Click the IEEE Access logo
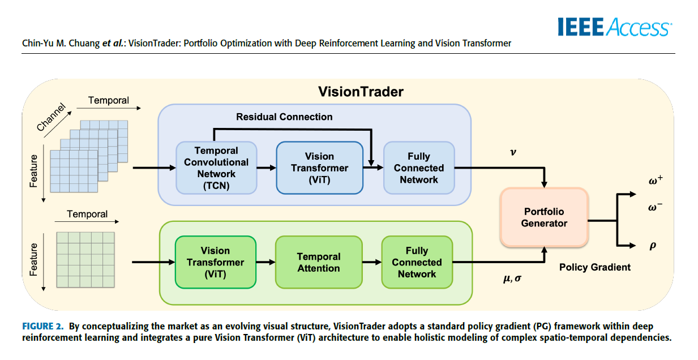pyautogui.click(x=614, y=27)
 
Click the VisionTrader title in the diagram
pyautogui.click(x=360, y=92)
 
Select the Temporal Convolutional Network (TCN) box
pyautogui.click(x=216, y=168)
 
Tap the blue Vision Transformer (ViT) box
pyautogui.click(x=319, y=168)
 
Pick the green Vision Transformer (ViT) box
pyautogui.click(x=215, y=262)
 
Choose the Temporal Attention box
pyautogui.click(x=318, y=262)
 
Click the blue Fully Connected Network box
pyautogui.click(x=419, y=168)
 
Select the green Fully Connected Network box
pyautogui.click(x=417, y=262)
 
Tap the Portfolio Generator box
pyautogui.click(x=544, y=217)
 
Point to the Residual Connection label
pyautogui.click(x=284, y=117)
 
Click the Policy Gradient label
pyautogui.click(x=594, y=267)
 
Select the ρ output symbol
pyautogui.click(x=653, y=246)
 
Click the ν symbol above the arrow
pyautogui.click(x=513, y=152)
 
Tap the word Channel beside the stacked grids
pyautogui.click(x=51, y=118)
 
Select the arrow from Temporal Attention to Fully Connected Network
pyautogui.click(x=371, y=262)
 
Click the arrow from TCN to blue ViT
pyautogui.click(x=266, y=168)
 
